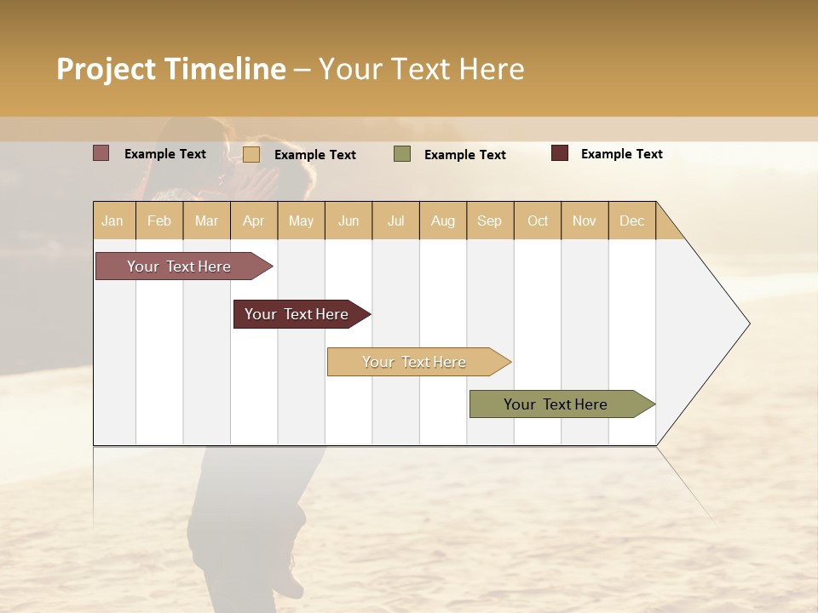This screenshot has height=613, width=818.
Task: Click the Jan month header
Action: pyautogui.click(x=113, y=221)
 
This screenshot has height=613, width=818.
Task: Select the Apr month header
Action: pyautogui.click(x=254, y=221)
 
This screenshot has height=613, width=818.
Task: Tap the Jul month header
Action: pyautogui.click(x=396, y=221)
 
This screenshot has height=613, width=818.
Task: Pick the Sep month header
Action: pyautogui.click(x=490, y=221)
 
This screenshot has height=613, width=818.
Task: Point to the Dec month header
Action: pyautogui.click(x=632, y=221)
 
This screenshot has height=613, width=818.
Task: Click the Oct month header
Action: pyautogui.click(x=538, y=221)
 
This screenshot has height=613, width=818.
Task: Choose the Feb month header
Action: pyautogui.click(x=159, y=221)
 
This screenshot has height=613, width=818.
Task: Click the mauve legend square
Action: pyautogui.click(x=101, y=153)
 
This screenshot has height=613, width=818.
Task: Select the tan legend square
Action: pyautogui.click(x=251, y=154)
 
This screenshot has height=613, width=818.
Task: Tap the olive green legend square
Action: pyautogui.click(x=402, y=154)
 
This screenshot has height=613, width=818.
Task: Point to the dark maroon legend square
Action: pyautogui.click(x=560, y=153)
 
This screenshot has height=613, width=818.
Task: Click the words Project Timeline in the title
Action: pyautogui.click(x=171, y=69)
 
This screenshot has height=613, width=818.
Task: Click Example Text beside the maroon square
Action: pyautogui.click(x=622, y=154)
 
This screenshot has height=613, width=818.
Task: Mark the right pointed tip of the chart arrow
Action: pyautogui.click(x=747, y=324)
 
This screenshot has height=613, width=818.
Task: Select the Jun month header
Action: pyautogui.click(x=349, y=221)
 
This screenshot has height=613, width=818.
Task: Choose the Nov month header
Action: pyautogui.click(x=585, y=221)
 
